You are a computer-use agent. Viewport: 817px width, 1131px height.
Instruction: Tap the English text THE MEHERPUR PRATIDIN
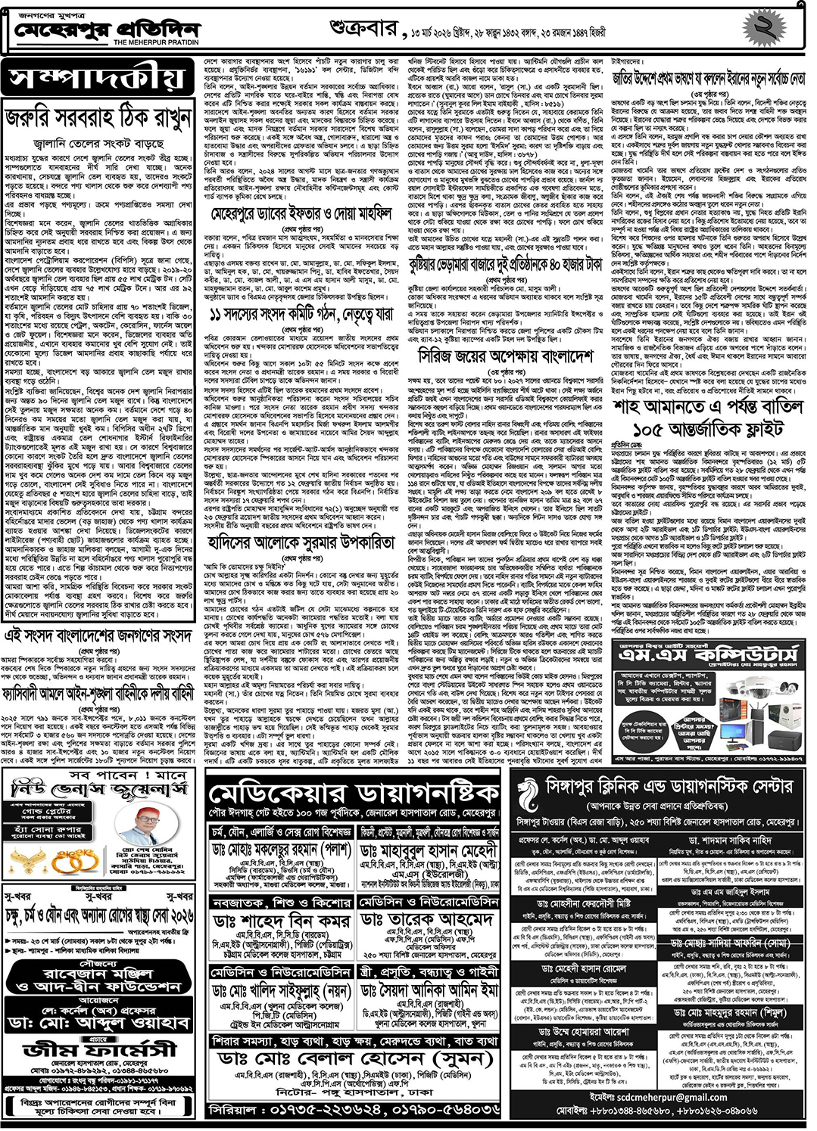[156, 43]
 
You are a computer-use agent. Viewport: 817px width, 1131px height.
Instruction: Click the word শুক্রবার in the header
[363, 30]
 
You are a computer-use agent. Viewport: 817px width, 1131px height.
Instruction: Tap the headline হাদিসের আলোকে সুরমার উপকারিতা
[301, 543]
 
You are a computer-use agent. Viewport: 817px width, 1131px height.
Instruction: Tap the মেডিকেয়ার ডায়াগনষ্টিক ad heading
[354, 794]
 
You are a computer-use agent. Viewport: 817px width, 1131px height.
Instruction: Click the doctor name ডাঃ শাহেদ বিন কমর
[281, 921]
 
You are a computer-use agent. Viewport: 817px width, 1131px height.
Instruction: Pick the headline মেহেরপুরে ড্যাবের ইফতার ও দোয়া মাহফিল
[301, 216]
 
